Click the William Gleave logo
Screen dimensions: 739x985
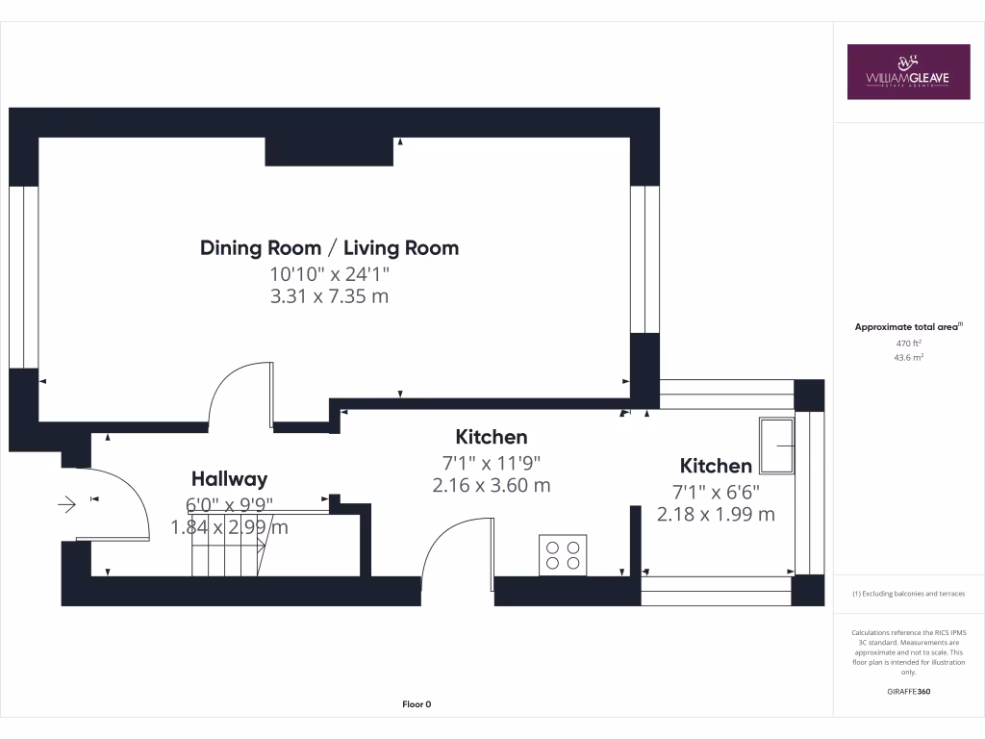pos(908,71)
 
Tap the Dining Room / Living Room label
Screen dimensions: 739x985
pos(329,247)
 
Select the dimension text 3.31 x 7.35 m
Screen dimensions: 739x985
pos(329,296)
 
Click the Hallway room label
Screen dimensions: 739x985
pos(229,478)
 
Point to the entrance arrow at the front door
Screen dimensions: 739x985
pos(67,503)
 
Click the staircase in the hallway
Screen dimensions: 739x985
pos(229,555)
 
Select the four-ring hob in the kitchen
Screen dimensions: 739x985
pos(563,555)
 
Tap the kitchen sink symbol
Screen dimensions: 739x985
pos(776,445)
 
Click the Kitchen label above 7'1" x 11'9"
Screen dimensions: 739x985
pos(492,437)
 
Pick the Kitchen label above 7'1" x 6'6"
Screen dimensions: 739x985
pos(716,466)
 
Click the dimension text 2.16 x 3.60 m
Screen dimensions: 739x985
pos(492,485)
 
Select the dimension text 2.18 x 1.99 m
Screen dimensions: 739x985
pos(716,514)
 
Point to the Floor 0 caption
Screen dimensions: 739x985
pos(417,704)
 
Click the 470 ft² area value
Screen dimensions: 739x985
pos(909,343)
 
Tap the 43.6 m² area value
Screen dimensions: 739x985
pos(909,357)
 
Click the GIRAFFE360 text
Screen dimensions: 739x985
pos(909,691)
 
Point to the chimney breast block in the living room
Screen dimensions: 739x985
pos(329,151)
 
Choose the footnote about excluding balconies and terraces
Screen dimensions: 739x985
pos(909,594)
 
